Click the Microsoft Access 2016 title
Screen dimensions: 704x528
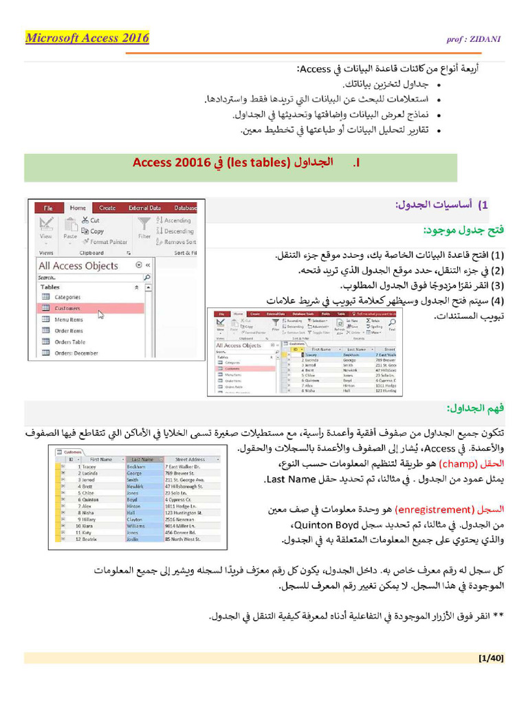87,38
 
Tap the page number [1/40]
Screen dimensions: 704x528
491,658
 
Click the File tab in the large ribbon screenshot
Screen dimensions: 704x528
48,208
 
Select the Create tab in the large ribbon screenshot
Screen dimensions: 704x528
107,208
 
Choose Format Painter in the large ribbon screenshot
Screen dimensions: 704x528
108,242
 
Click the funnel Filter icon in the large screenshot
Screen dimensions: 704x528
144,224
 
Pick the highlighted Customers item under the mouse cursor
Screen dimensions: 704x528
67,309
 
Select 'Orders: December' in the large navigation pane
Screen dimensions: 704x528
76,353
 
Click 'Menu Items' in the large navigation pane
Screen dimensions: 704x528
69,320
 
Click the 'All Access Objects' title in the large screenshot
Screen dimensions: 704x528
78,266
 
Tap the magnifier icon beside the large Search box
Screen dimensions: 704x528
146,278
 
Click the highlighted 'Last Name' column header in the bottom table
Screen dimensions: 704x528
142,459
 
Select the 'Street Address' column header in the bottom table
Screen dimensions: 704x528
190,459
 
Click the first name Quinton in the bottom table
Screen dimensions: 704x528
92,499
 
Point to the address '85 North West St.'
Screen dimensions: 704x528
183,539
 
